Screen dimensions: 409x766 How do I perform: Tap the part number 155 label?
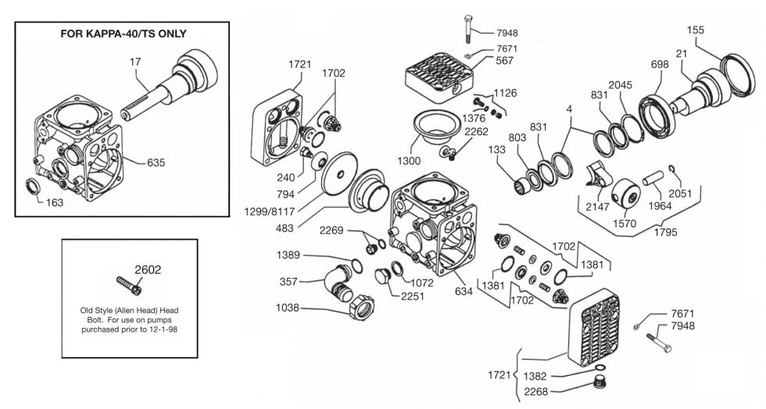pos(696,30)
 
